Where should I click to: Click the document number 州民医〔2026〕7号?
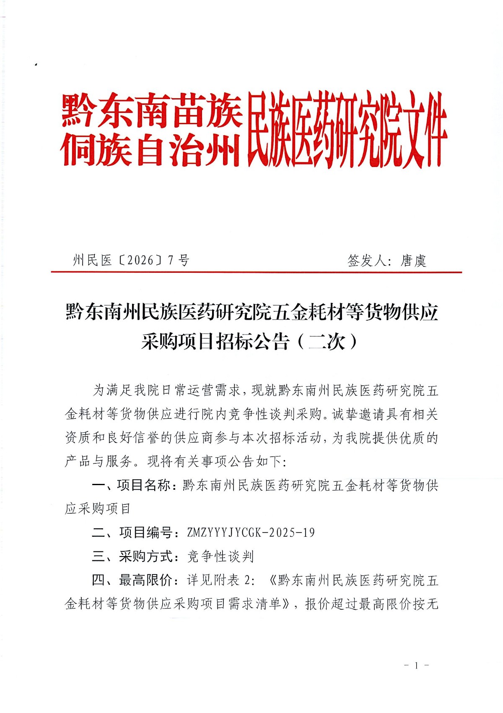click(x=131, y=260)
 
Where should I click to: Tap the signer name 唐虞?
click(x=413, y=261)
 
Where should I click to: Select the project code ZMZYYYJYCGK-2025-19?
click(x=251, y=533)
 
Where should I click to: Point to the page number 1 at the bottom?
click(x=416, y=666)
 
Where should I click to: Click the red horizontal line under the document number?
click(x=256, y=272)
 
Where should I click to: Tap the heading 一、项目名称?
click(x=131, y=485)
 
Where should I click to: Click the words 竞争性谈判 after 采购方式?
click(x=220, y=556)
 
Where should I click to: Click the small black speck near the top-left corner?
click(x=36, y=65)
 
